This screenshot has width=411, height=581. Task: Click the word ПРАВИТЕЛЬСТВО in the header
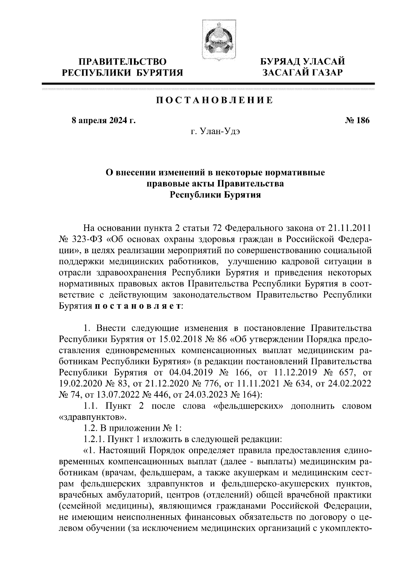[123, 62]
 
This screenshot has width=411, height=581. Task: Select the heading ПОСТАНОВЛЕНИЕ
[214, 100]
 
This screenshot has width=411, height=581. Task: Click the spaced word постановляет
[138, 306]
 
